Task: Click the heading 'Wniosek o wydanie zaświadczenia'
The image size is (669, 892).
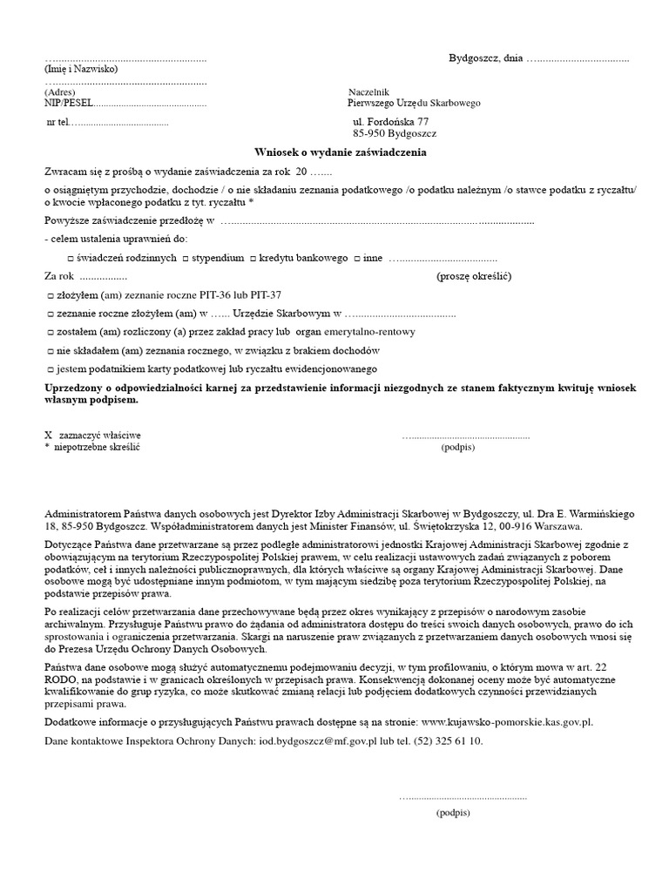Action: click(x=341, y=152)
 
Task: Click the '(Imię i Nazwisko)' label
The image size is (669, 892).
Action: click(x=80, y=69)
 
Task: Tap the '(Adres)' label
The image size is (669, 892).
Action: click(x=60, y=92)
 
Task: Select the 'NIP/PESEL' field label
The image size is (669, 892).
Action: click(x=68, y=103)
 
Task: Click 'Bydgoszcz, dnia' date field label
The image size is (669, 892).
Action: click(x=485, y=58)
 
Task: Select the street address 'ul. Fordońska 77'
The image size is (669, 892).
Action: click(x=391, y=122)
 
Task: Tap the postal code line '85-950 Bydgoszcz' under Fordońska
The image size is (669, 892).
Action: click(x=395, y=134)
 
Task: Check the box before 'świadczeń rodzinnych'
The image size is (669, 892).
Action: click(x=71, y=259)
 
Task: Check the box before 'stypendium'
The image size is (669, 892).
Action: click(x=186, y=259)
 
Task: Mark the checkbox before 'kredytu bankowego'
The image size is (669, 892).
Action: click(x=253, y=259)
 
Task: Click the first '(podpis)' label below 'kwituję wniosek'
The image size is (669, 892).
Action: click(x=458, y=446)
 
